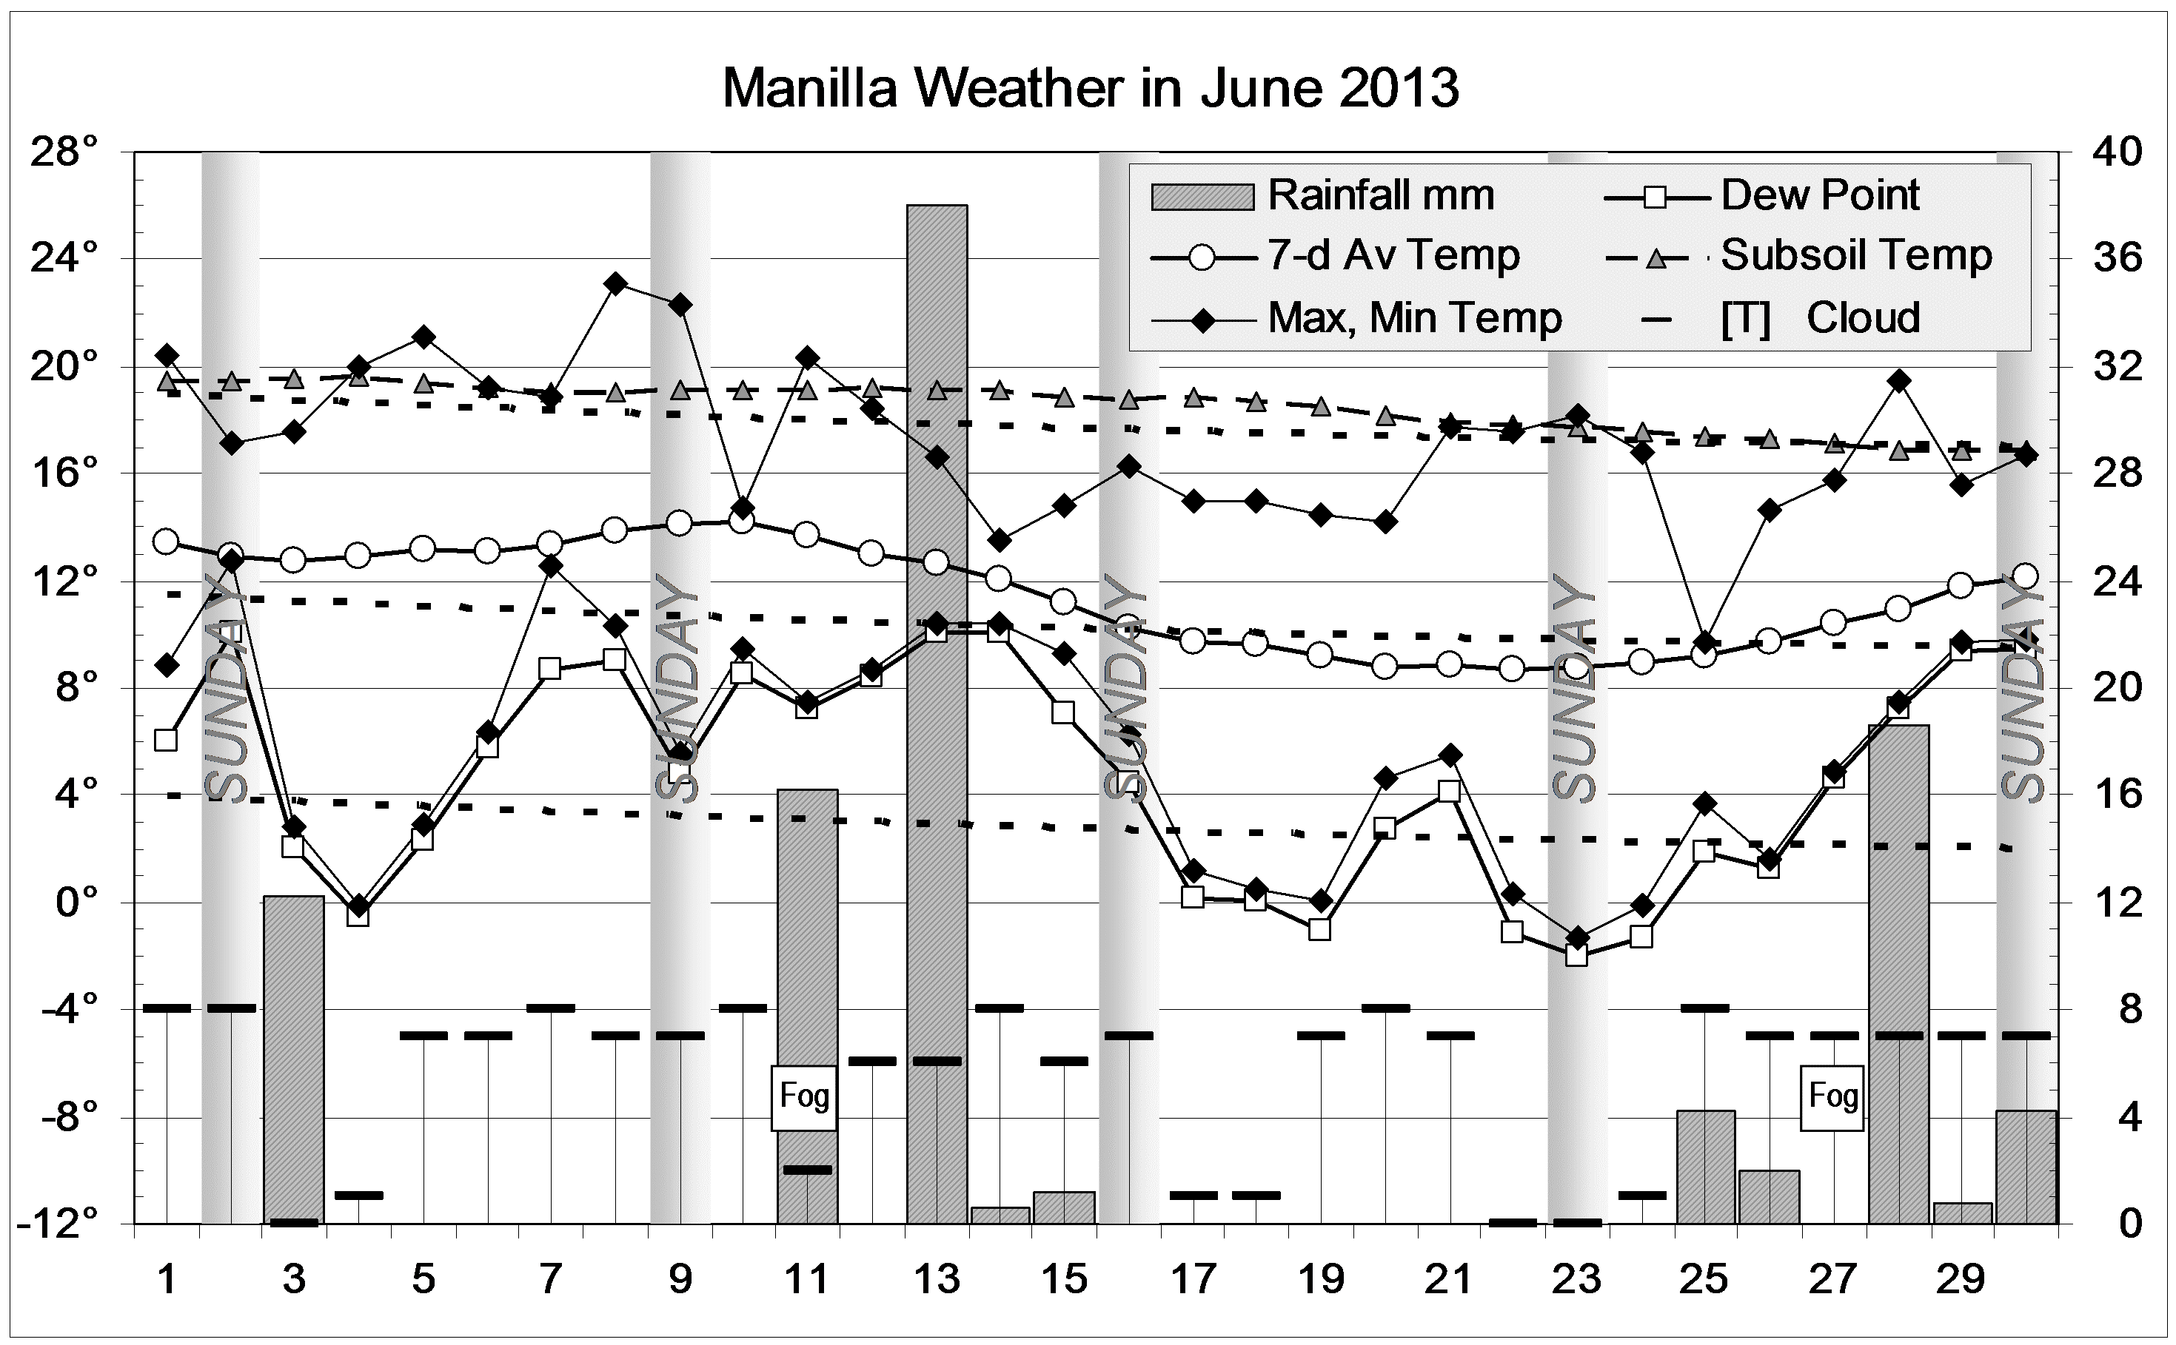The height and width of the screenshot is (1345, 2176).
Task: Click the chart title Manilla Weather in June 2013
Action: [x=1091, y=89]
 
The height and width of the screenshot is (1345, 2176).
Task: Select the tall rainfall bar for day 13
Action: [x=937, y=712]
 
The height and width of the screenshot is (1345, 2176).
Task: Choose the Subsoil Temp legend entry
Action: [x=1855, y=256]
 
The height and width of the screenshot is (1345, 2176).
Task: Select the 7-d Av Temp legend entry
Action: [x=1393, y=256]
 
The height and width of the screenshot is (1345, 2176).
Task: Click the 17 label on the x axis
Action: [x=1193, y=1280]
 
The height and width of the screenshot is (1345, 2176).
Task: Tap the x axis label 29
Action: [x=1961, y=1280]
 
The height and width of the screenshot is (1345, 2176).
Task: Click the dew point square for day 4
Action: [x=358, y=916]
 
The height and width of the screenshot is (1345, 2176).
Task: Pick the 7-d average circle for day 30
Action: [x=2026, y=576]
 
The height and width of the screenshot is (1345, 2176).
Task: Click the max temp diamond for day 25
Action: [x=1704, y=642]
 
